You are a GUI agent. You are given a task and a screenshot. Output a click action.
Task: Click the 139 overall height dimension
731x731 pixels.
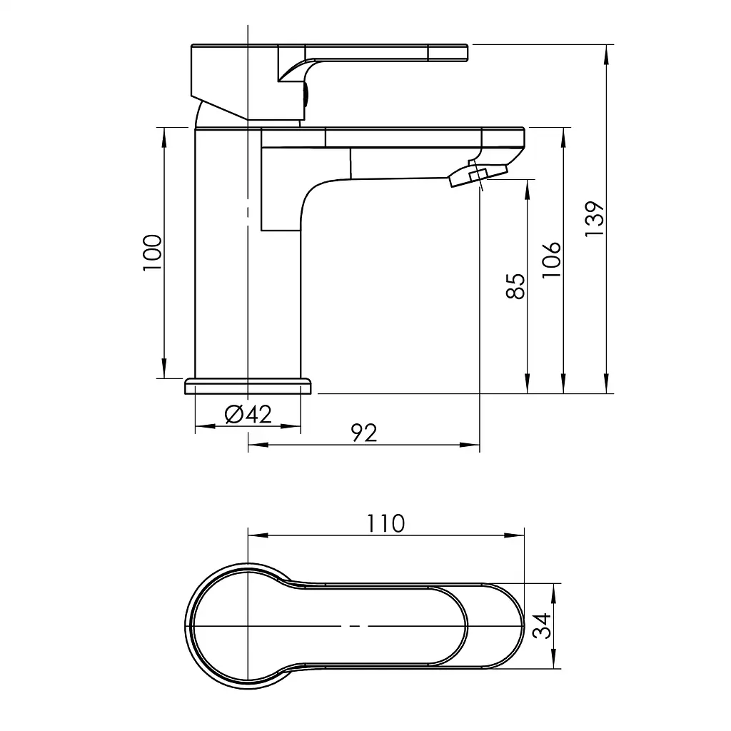[595, 219]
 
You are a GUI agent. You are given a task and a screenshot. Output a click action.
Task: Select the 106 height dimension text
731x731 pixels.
[552, 260]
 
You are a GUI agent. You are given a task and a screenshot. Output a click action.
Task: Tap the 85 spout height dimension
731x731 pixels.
[515, 286]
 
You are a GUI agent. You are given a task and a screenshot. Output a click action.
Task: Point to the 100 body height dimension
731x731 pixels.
[153, 252]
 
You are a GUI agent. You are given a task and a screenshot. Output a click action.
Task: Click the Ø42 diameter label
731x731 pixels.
[248, 414]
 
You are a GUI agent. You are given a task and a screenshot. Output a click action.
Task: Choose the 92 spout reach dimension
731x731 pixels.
[364, 433]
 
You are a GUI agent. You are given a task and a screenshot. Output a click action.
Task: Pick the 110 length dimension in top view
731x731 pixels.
[386, 523]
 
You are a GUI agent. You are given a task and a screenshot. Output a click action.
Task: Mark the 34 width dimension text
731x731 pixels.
[543, 626]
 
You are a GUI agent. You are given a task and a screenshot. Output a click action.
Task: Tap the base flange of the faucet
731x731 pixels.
[248, 386]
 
